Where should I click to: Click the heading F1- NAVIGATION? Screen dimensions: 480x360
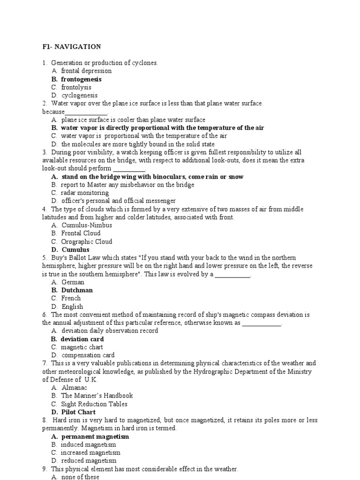click(x=71, y=46)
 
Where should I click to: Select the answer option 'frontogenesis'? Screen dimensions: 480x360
click(x=81, y=79)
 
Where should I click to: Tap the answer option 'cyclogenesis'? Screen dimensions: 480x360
click(x=79, y=95)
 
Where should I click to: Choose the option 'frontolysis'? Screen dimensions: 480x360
click(x=76, y=87)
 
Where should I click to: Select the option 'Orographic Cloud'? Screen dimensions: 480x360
click(x=87, y=241)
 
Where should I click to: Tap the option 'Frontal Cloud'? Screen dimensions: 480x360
click(x=81, y=233)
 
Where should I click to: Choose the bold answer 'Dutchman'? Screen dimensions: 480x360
click(x=77, y=290)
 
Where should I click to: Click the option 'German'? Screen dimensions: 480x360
click(x=73, y=282)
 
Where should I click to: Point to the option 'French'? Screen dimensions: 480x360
click(x=71, y=298)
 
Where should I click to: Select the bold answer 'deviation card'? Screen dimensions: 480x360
click(x=82, y=339)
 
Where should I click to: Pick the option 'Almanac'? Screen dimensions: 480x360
click(x=74, y=388)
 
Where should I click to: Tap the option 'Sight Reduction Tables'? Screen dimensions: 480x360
click(x=94, y=404)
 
